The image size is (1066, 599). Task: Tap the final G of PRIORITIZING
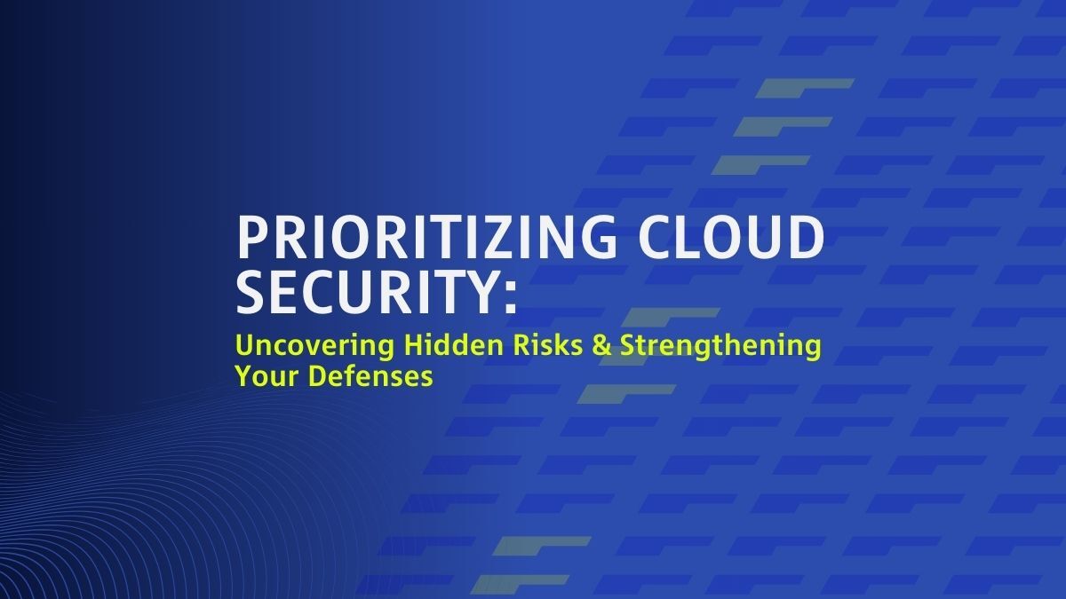[x=596, y=238]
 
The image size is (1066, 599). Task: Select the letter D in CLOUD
[x=805, y=238]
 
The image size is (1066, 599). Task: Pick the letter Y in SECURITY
[x=481, y=293]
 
